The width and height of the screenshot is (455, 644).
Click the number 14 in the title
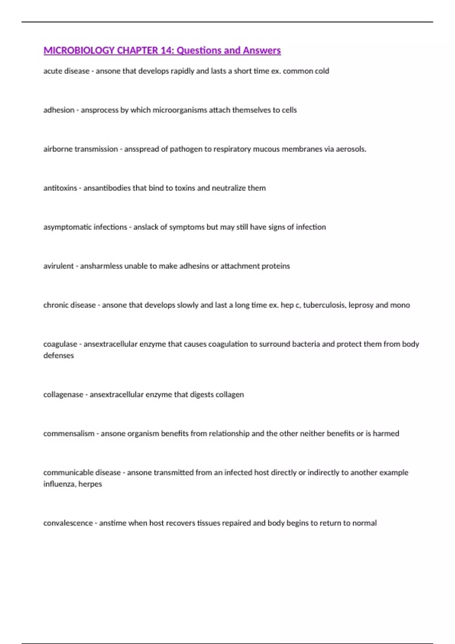pyautogui.click(x=166, y=50)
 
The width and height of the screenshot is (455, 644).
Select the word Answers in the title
pyautogui.click(x=262, y=50)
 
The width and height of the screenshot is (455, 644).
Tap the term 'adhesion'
pyautogui.click(x=59, y=110)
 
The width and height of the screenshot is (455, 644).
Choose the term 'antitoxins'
pyautogui.click(x=60, y=188)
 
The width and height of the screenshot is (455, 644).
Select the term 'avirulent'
pyautogui.click(x=58, y=266)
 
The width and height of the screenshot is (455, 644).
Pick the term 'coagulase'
pyautogui.click(x=60, y=344)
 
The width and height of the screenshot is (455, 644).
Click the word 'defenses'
pyautogui.click(x=58, y=356)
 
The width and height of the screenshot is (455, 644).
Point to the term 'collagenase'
pyautogui.click(x=63, y=395)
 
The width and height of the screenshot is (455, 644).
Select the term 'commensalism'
pyautogui.click(x=69, y=434)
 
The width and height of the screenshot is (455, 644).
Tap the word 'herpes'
pyautogui.click(x=90, y=485)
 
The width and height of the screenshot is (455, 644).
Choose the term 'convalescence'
pyautogui.click(x=68, y=523)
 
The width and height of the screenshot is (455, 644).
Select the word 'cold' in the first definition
pyautogui.click(x=322, y=71)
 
